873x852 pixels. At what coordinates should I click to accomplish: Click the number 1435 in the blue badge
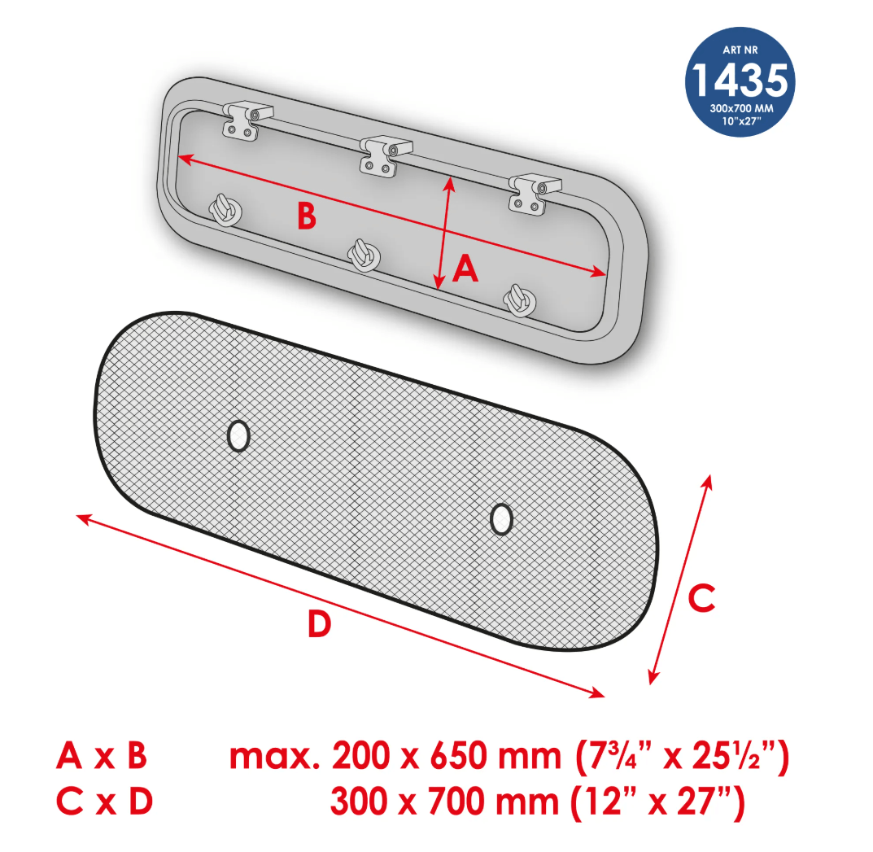740,79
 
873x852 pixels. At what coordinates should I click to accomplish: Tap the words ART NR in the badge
740,50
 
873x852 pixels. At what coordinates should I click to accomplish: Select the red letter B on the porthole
306,216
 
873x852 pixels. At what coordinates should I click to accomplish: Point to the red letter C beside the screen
701,598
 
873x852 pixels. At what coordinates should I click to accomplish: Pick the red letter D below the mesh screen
320,623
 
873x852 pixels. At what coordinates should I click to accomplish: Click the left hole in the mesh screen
239,435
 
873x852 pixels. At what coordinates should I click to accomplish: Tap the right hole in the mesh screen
502,519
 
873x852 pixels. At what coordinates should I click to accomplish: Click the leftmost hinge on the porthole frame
246,120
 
